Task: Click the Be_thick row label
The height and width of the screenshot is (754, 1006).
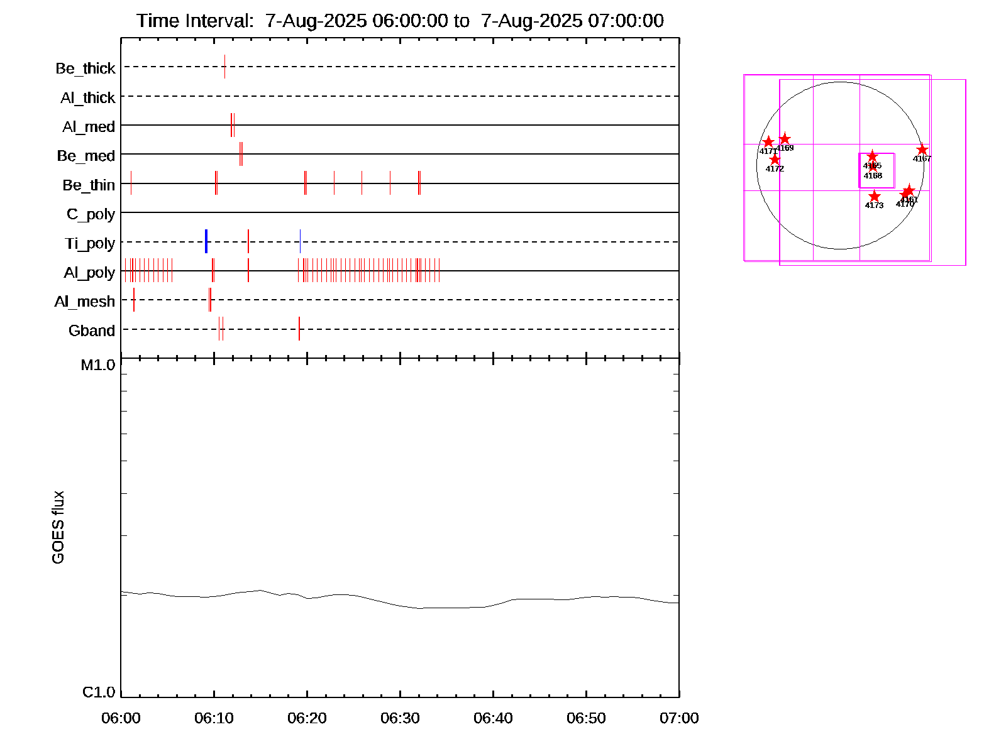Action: click(86, 68)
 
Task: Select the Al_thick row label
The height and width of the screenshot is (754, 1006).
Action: click(88, 98)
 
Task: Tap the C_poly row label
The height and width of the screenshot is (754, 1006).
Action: click(91, 214)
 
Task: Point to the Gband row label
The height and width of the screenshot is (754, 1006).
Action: click(92, 331)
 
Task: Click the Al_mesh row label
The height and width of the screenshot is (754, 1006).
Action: click(85, 302)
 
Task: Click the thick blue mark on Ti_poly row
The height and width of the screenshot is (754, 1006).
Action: click(206, 242)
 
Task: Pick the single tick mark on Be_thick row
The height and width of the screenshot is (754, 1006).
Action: click(224, 67)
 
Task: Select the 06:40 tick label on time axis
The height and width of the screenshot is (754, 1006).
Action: click(493, 718)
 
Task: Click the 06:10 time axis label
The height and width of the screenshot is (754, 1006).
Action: click(214, 718)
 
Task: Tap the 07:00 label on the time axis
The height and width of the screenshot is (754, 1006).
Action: click(679, 718)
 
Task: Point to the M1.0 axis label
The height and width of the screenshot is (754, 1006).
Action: click(98, 365)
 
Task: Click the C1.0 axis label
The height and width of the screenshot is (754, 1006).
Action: click(99, 692)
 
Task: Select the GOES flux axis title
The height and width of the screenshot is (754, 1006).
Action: click(58, 528)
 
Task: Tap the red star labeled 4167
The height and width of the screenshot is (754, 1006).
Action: click(922, 150)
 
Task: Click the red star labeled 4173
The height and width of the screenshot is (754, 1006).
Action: click(875, 197)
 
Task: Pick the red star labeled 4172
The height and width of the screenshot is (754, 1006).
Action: click(775, 160)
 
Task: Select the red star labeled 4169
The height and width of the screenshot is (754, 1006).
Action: click(785, 139)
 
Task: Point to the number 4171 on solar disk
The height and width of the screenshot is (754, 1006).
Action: click(768, 151)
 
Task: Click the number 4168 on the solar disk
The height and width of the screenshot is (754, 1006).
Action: click(873, 176)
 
